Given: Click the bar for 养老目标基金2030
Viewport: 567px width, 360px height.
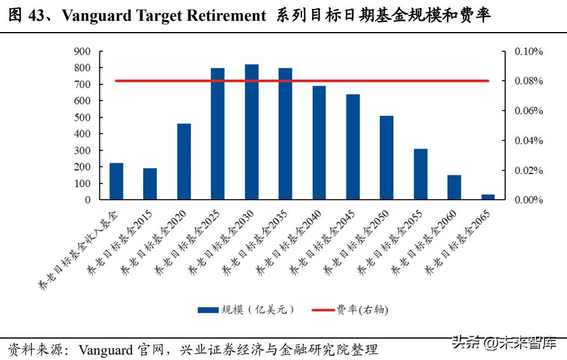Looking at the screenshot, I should tap(251, 132).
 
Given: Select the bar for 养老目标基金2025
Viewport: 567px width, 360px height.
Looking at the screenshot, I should tap(218, 134).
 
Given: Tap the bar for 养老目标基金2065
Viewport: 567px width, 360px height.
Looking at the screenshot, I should tap(488, 197).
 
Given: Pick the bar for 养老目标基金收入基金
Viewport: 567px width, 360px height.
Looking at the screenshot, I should tap(116, 181).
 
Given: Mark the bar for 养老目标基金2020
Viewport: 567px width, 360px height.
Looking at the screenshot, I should tap(184, 162).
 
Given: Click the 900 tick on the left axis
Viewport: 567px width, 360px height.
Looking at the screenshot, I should tap(82, 52).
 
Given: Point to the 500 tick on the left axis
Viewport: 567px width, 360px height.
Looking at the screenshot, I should tap(82, 118).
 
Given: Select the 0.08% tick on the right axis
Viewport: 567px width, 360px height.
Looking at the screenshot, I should tap(528, 81).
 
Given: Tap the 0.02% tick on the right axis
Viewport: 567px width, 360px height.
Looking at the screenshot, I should tap(528, 170).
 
